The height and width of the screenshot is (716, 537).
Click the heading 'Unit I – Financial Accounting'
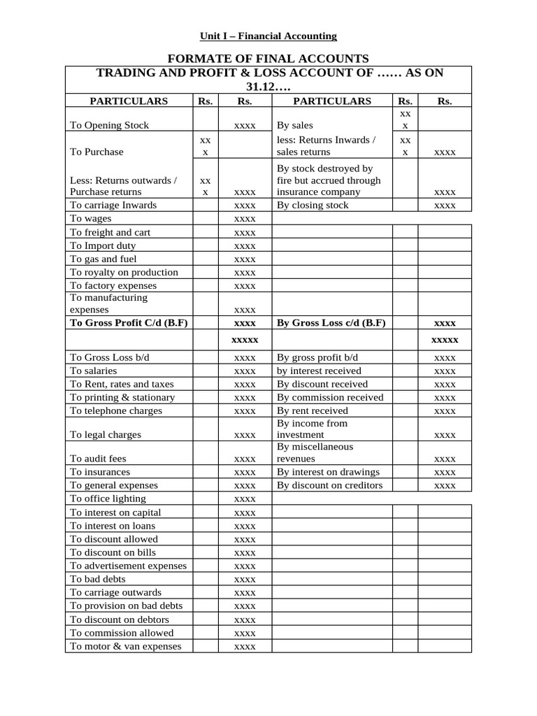coord(268,36)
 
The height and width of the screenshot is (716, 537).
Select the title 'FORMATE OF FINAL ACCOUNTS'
coord(268,58)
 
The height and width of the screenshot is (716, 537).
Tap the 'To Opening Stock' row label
coord(110,125)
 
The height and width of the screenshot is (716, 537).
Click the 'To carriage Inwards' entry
coord(113,205)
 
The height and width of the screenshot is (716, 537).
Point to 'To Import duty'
coord(103,245)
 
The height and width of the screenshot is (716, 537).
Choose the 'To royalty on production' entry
coord(124,272)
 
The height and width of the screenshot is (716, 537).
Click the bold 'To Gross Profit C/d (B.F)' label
coord(129,323)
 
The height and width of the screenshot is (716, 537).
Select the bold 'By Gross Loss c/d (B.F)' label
coord(331,323)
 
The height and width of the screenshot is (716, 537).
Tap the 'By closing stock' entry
coord(313,205)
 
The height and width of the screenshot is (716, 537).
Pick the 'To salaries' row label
coord(94,371)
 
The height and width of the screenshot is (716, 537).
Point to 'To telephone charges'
coord(116,410)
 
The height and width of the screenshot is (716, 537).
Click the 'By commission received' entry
coord(330,397)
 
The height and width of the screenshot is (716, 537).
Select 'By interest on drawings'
coord(328,472)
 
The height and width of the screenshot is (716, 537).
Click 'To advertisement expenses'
coord(128,566)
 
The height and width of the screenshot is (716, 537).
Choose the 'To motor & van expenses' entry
coord(126,646)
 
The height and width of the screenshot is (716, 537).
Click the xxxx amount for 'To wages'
coord(245,219)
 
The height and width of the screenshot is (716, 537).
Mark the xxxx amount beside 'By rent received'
coord(445,411)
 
